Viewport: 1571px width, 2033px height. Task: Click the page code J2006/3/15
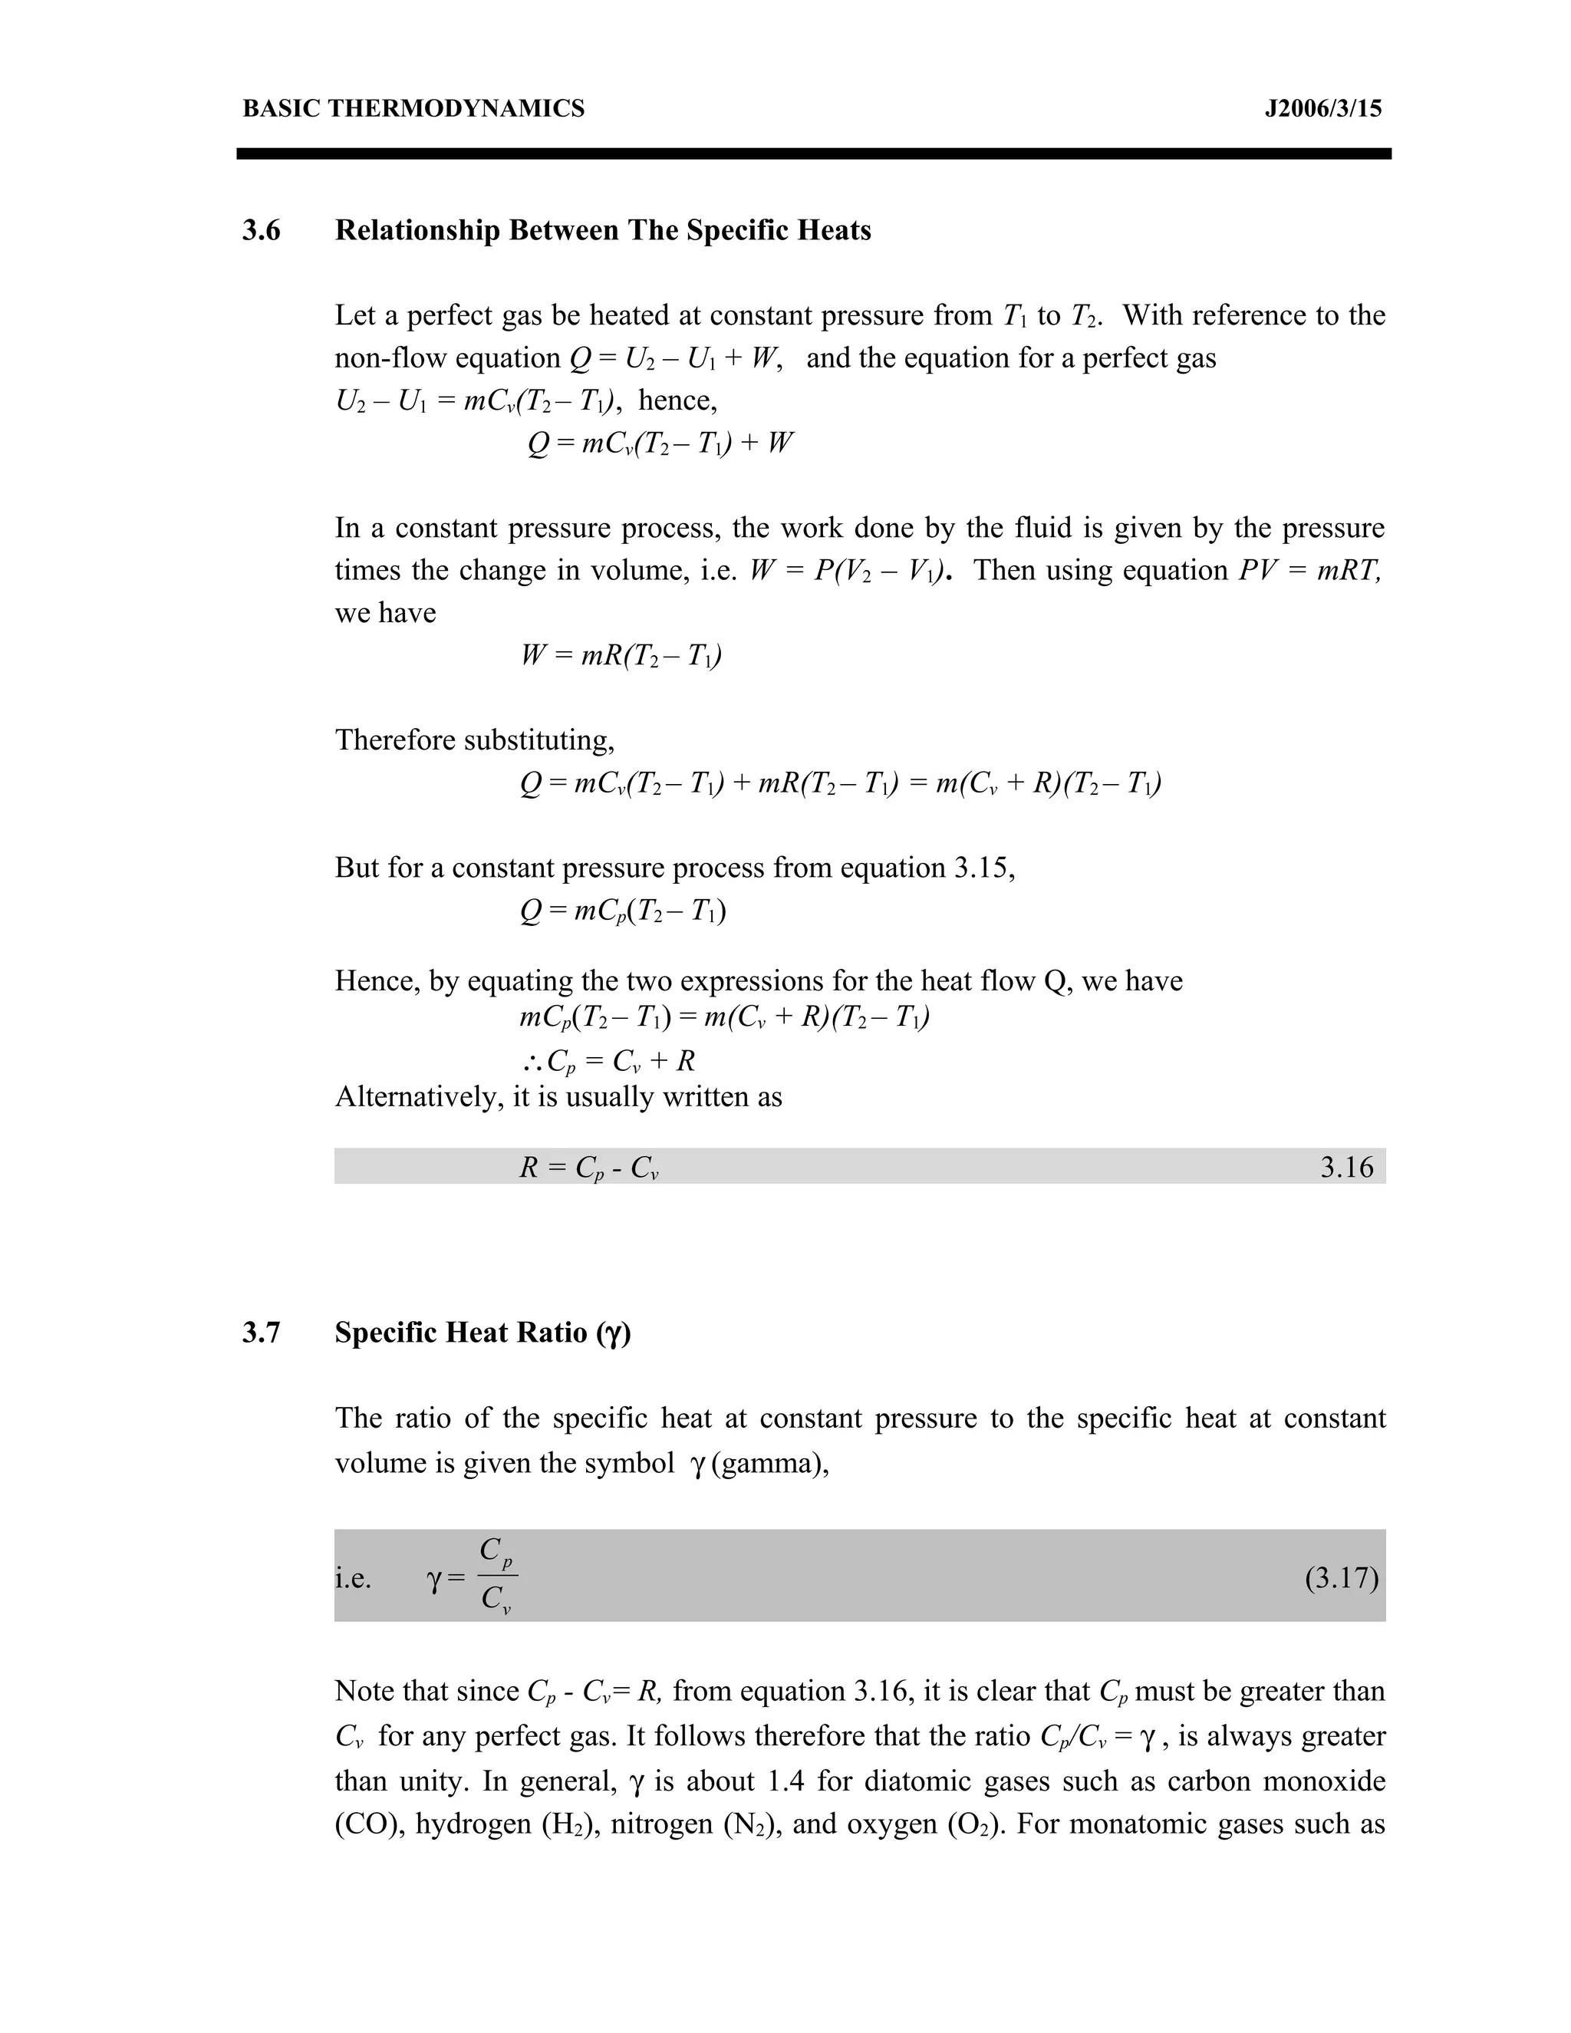(x=1322, y=109)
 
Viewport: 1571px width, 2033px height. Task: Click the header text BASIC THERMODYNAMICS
(x=413, y=109)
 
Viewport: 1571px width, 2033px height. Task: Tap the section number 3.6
(x=262, y=230)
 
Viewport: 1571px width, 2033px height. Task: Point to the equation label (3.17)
(x=1341, y=1579)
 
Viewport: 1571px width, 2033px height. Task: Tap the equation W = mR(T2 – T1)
(x=621, y=656)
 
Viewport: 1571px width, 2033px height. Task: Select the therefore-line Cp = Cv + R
(x=608, y=1061)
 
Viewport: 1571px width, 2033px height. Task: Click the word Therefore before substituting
(x=397, y=740)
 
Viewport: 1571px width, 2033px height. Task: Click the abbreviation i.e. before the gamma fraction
(x=354, y=1579)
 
